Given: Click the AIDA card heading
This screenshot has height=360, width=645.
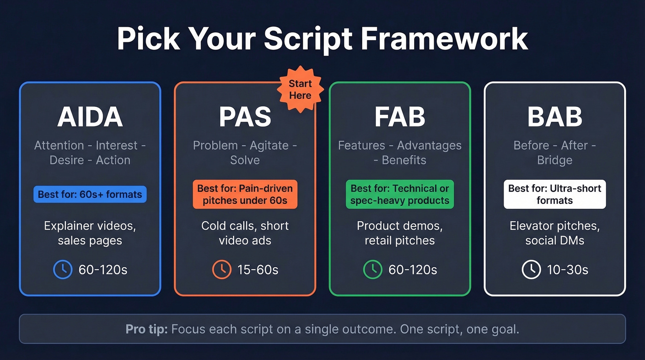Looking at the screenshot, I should (90, 118).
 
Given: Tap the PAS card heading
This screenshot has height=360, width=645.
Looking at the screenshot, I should (245, 118).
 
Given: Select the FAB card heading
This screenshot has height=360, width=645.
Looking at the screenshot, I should (399, 118).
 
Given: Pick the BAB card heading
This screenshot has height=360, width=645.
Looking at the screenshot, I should (555, 118).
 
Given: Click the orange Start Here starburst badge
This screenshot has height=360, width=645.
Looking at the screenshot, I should (300, 90).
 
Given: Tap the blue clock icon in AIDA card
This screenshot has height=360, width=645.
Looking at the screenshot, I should (63, 270).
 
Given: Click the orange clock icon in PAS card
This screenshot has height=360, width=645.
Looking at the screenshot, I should (222, 270).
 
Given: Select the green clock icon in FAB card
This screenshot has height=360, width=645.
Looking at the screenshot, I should (373, 270).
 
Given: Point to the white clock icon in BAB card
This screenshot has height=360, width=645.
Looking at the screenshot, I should (531, 270).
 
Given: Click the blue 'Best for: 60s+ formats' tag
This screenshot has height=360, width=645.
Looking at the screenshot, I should (90, 195).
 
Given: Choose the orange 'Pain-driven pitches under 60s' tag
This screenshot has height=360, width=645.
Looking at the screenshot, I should (245, 195).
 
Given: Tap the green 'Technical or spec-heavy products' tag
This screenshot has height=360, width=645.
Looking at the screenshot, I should (399, 195).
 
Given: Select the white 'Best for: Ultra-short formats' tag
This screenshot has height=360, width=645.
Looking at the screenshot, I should (555, 195).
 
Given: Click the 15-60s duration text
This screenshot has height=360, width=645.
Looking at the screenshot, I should (258, 270).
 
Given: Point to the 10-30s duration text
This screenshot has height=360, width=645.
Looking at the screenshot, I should (568, 270).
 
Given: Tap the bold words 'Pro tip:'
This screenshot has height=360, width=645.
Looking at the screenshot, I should (147, 329).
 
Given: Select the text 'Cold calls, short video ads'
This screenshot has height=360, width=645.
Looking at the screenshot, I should (245, 233).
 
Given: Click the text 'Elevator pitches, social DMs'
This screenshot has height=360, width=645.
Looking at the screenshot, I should (555, 233).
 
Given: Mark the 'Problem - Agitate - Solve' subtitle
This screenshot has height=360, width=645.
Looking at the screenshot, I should (245, 153).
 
